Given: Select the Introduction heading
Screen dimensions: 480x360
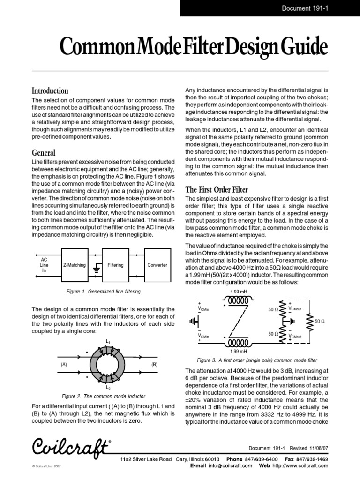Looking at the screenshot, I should click(x=50, y=90).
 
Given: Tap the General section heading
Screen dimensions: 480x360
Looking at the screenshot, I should click(x=43, y=153).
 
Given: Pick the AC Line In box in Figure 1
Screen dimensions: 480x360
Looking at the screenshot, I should click(x=45, y=265).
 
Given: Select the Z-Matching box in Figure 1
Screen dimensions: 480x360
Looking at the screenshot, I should click(x=74, y=265).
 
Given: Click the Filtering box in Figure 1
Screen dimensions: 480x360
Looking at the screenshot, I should click(x=115, y=265).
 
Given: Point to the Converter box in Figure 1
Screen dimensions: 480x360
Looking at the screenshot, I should click(x=157, y=265).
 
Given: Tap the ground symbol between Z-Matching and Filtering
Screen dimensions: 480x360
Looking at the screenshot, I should click(x=97, y=268).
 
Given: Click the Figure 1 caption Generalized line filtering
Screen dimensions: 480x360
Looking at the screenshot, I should click(x=104, y=292).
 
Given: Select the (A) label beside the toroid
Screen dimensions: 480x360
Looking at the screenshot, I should click(x=64, y=364).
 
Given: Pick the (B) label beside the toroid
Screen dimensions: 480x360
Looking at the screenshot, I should click(x=154, y=364).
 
